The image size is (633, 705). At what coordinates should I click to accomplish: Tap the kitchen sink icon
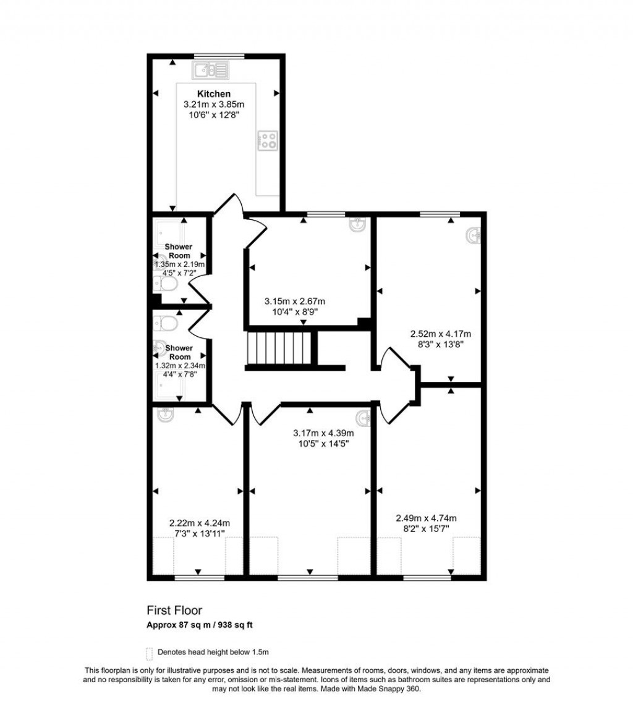click(x=210, y=70)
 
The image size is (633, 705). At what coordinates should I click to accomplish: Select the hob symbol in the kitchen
click(x=268, y=140)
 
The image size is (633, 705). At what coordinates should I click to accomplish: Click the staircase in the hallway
click(x=278, y=349)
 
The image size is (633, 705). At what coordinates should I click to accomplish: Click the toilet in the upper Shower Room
click(x=166, y=284)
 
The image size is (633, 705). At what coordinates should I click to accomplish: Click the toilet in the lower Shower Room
click(x=166, y=323)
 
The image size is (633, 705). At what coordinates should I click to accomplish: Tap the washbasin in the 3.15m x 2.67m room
click(x=358, y=225)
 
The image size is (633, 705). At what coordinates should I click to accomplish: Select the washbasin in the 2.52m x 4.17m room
click(x=474, y=236)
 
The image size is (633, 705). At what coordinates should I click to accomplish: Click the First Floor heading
click(x=174, y=611)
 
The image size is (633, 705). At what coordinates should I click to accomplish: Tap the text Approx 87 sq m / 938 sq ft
click(x=200, y=625)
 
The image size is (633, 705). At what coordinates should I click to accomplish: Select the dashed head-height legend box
click(x=149, y=652)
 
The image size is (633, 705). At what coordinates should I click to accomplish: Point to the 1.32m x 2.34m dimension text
click(x=180, y=366)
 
